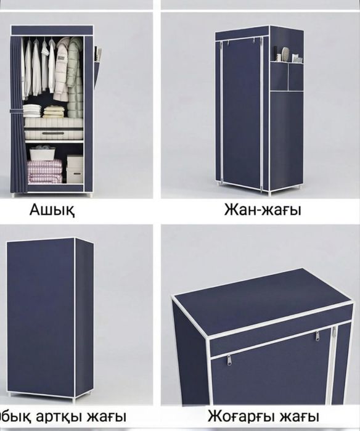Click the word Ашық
[52, 210]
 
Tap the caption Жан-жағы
[263, 210]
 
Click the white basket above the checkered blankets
[42, 152]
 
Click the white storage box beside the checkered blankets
[75, 168]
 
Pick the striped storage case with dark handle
[54, 134]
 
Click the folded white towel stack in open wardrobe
[32, 110]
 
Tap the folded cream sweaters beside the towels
[54, 111]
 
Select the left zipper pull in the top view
[229, 359]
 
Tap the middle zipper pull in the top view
[318, 336]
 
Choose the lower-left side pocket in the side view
[279, 76]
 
